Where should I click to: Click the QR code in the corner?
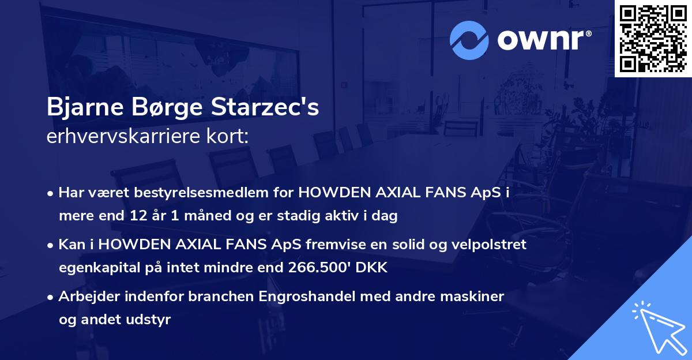653,38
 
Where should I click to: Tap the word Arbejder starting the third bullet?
86,297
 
